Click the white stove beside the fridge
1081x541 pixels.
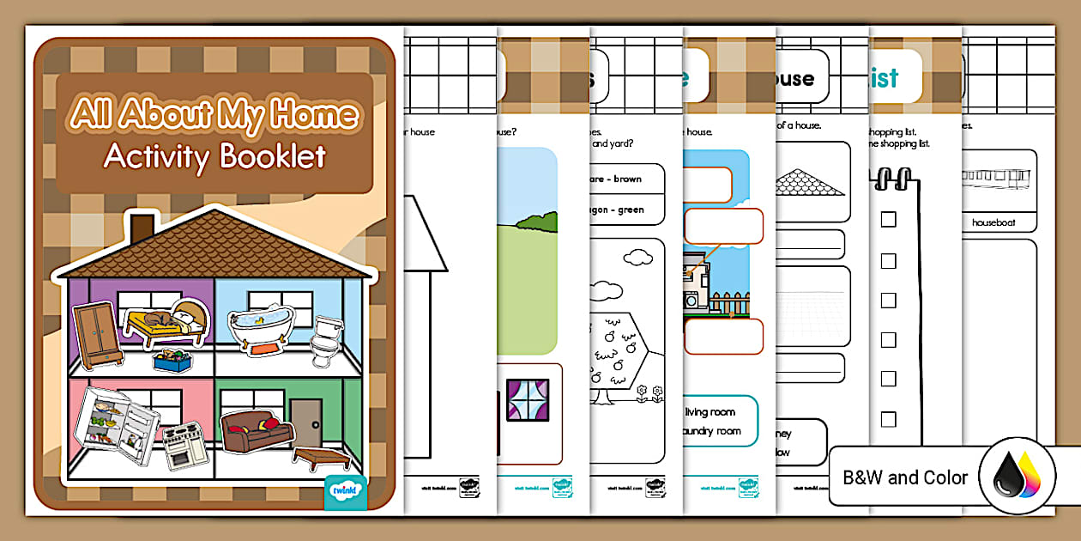[183, 444]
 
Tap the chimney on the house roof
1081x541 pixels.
[142, 226]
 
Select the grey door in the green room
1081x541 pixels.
[305, 423]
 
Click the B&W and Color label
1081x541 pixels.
[905, 477]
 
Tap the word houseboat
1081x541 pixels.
[993, 222]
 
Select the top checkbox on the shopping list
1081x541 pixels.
[888, 219]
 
